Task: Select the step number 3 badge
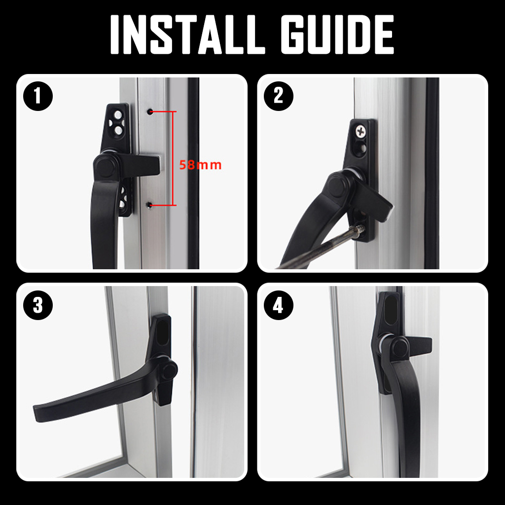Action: click(37, 306)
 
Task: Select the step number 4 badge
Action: click(278, 306)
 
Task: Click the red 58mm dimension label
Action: click(200, 165)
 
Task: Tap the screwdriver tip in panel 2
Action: click(361, 228)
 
